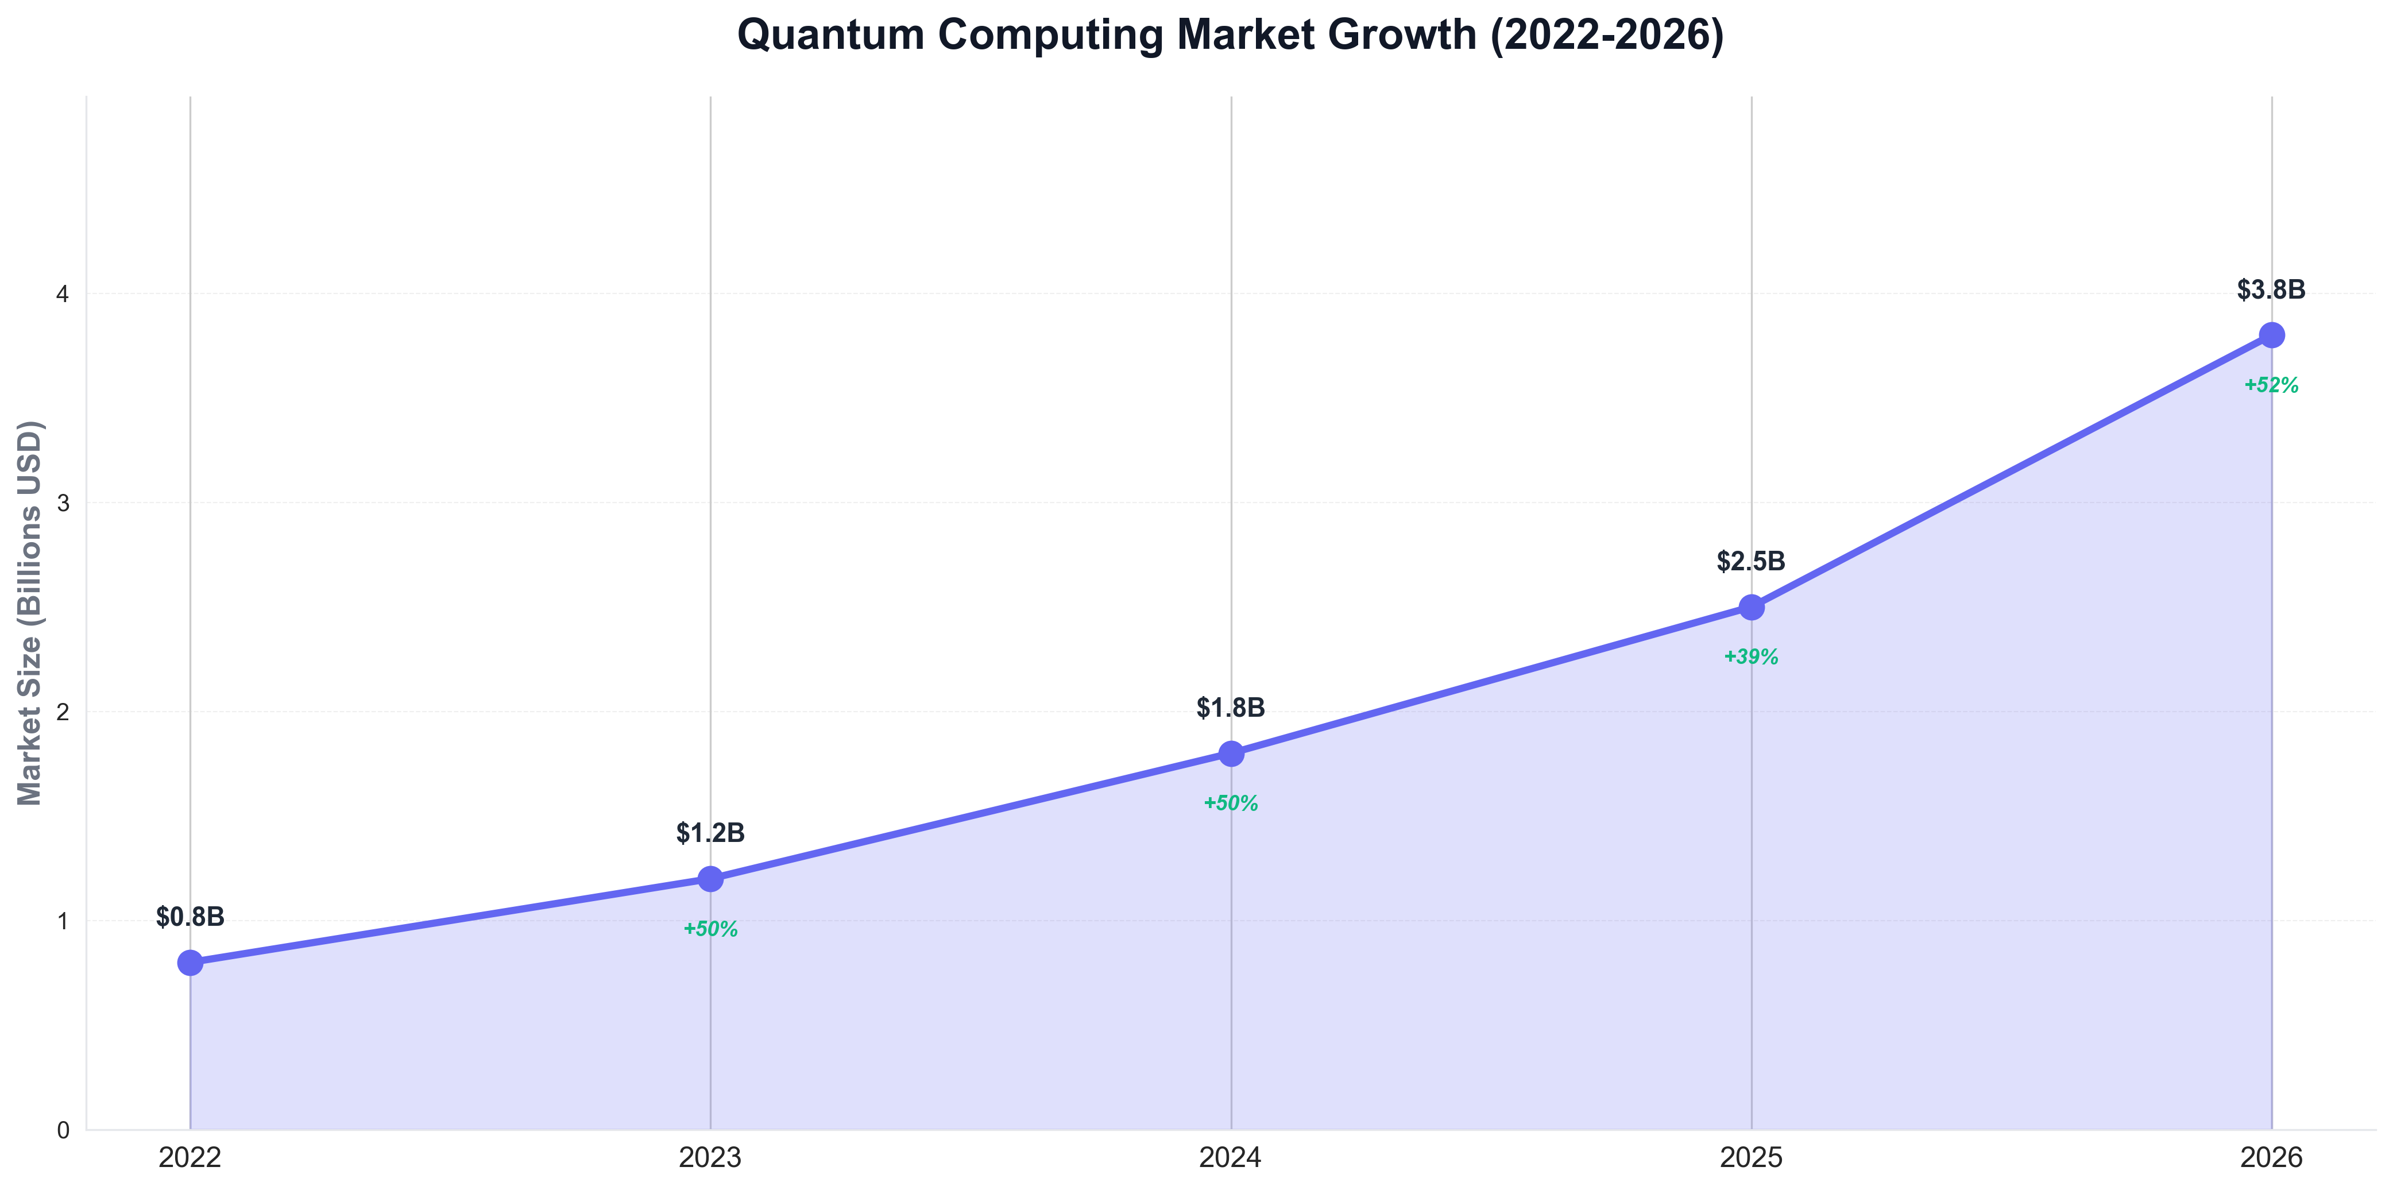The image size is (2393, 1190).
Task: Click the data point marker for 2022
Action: (191, 963)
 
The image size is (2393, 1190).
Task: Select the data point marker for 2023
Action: (710, 879)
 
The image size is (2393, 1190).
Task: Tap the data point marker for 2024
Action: (1231, 754)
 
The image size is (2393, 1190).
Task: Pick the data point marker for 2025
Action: (1751, 608)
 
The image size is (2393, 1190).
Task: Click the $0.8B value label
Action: (191, 918)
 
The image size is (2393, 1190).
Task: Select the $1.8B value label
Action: (1231, 709)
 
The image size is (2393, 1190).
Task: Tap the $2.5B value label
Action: (1751, 562)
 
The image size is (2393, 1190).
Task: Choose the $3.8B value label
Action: (2271, 291)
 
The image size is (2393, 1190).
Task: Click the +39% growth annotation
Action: (1751, 658)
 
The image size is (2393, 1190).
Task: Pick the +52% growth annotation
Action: (2271, 385)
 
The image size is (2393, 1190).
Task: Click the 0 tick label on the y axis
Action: (63, 1130)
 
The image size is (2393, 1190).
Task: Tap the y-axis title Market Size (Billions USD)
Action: (30, 613)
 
